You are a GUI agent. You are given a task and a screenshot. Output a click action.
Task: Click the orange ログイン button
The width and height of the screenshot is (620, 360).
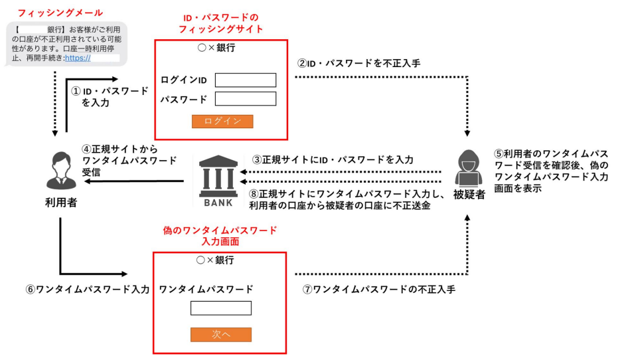pos(222,122)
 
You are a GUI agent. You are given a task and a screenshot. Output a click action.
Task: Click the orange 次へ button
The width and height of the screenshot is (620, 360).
pos(222,335)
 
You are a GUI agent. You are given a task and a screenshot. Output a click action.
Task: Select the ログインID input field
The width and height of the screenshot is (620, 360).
pos(245,80)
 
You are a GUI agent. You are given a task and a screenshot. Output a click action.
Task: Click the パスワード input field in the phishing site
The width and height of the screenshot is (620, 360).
pos(245,99)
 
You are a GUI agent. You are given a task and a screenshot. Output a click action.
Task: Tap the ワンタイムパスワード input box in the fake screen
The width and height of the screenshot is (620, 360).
pos(221,308)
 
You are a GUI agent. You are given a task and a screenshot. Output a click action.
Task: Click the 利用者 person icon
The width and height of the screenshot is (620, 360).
pos(60,169)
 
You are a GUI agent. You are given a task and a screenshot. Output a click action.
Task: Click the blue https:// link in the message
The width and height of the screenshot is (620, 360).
pos(78,58)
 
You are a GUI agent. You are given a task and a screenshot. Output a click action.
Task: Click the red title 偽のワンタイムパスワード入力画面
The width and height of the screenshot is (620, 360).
pos(220,236)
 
